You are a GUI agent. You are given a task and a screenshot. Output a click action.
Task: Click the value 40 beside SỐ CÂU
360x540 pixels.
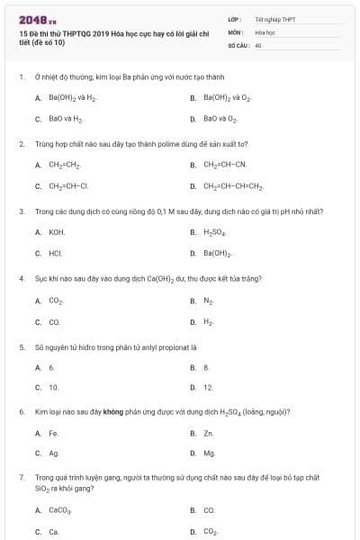pos(258,44)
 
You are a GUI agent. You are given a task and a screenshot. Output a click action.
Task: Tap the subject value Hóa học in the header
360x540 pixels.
pos(264,31)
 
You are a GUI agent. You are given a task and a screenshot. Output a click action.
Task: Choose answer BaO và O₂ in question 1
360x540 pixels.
pos(220,118)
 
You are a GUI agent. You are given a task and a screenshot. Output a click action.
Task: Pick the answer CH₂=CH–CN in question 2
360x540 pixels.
pos(224,165)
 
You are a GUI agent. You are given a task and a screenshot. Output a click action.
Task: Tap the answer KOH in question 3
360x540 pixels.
pos(57,232)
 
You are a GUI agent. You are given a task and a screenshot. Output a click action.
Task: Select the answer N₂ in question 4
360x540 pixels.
pos(209,301)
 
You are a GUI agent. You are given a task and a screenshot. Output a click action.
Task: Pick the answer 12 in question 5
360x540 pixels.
pos(208,388)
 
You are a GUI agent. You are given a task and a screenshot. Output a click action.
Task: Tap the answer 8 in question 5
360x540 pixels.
pos(206,367)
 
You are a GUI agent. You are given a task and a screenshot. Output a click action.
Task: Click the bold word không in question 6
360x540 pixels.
pos(112,411)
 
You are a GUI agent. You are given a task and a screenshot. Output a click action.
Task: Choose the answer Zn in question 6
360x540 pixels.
pos(208,433)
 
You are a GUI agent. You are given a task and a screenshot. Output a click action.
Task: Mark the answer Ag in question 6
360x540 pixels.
pos(54,454)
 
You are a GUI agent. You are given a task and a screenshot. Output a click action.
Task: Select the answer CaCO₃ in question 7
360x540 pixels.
pos(59,510)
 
